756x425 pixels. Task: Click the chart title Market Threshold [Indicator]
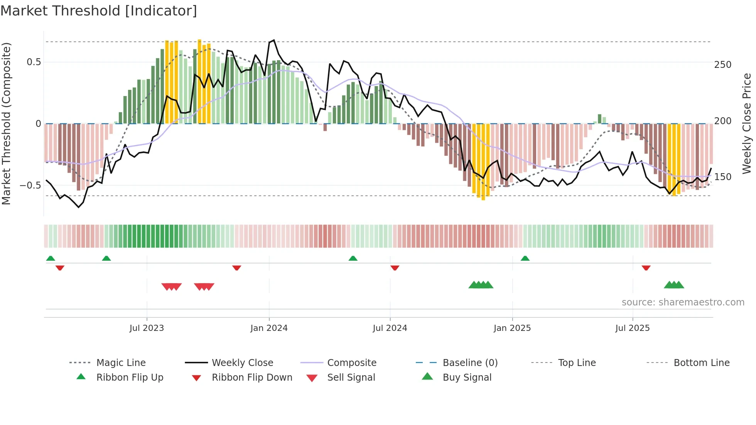click(99, 11)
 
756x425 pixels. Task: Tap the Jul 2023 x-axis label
click(147, 328)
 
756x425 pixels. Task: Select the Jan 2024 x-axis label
click(269, 328)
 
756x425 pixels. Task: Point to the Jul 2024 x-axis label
click(390, 328)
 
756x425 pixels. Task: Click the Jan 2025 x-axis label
click(512, 328)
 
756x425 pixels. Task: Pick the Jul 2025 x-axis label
click(633, 328)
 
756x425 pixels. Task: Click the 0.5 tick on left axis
click(34, 62)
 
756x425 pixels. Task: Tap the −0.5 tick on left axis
click(30, 186)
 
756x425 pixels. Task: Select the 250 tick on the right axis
click(722, 65)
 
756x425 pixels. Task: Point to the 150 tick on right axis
click(722, 177)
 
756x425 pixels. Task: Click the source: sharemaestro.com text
click(683, 302)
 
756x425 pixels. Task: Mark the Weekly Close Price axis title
click(747, 123)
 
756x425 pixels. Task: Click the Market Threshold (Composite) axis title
click(6, 123)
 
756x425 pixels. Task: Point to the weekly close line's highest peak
click(273, 40)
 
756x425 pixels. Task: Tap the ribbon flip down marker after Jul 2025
click(646, 268)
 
